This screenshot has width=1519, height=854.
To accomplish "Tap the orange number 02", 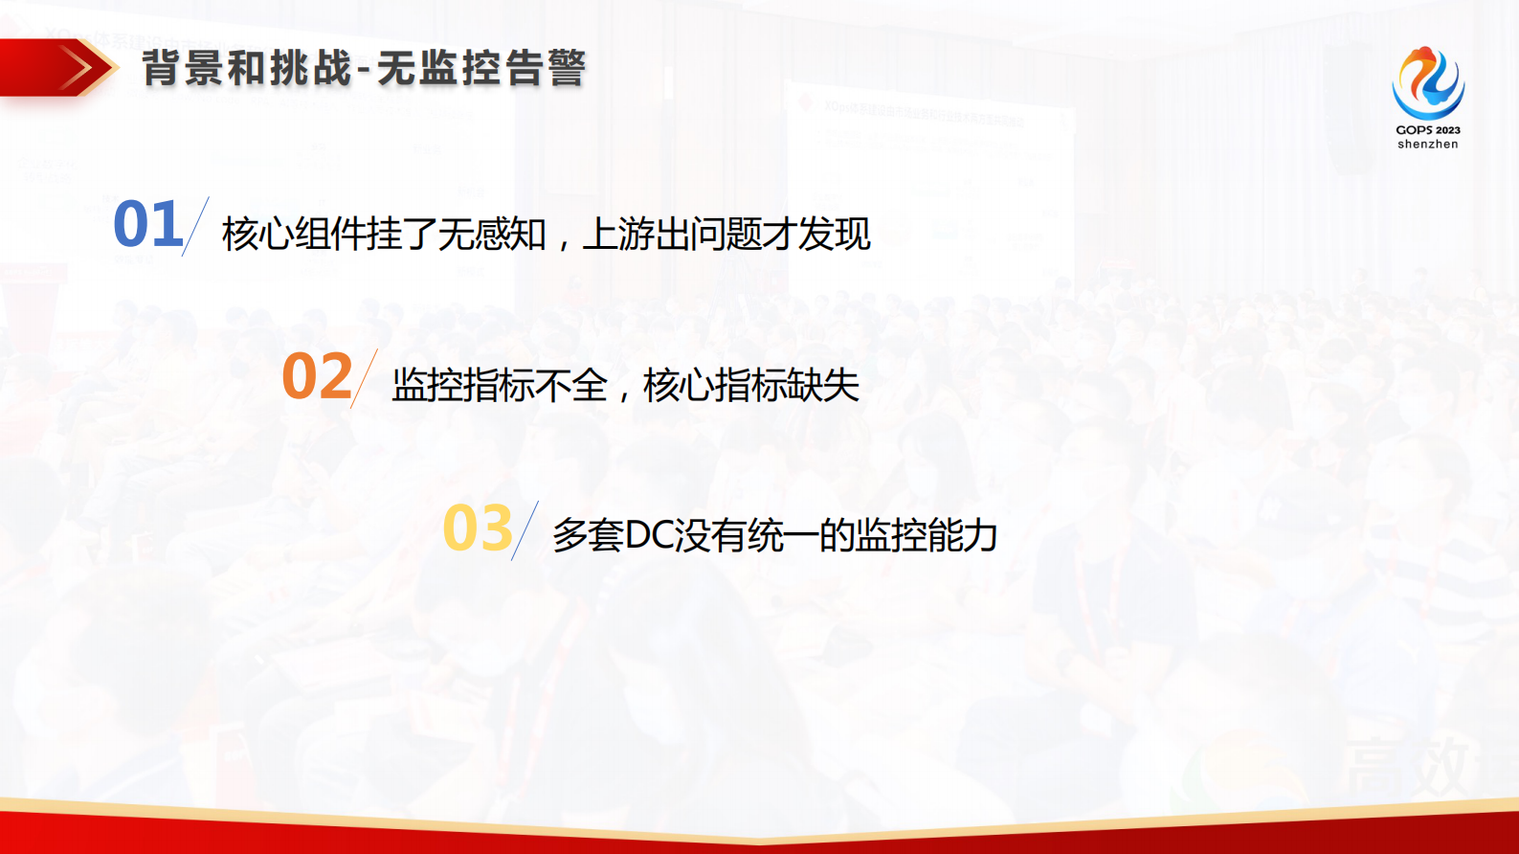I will click(x=317, y=376).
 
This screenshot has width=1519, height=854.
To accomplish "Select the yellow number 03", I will click(x=478, y=528).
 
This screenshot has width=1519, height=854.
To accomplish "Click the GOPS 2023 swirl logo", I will click(x=1427, y=83).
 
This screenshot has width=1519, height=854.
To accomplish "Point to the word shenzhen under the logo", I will click(x=1427, y=145).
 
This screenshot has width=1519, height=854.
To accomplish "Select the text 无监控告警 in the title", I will click(x=480, y=69).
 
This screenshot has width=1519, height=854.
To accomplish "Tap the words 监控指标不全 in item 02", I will click(x=500, y=386).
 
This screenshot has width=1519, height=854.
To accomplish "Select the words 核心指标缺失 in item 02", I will click(x=751, y=386).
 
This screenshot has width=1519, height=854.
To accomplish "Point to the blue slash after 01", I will click(x=195, y=227).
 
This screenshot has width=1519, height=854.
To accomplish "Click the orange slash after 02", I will click(x=364, y=379).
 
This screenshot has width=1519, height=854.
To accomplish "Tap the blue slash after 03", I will click(x=525, y=530).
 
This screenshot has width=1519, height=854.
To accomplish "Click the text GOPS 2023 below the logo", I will click(x=1427, y=130).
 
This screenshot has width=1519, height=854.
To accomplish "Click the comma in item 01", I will click(x=564, y=244).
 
